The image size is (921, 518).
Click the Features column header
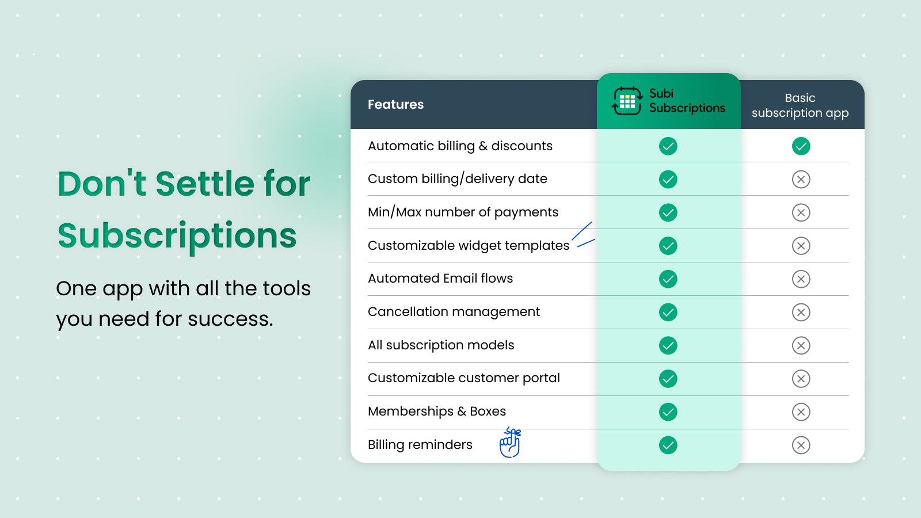(x=395, y=105)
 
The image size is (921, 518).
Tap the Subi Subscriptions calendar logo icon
(x=627, y=101)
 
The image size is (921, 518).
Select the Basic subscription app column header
(x=800, y=105)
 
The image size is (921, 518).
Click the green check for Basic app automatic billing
(x=801, y=146)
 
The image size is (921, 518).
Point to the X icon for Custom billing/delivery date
(x=801, y=180)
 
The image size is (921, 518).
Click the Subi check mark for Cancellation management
(x=668, y=313)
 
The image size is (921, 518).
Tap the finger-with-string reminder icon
(x=510, y=443)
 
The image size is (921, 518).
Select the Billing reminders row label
(x=420, y=445)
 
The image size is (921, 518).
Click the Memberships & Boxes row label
(x=436, y=412)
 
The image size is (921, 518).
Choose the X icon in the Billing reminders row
(x=801, y=445)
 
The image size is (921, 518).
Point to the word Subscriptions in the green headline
(x=177, y=236)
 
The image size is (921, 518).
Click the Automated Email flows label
(x=440, y=279)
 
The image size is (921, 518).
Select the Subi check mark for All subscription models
(x=668, y=346)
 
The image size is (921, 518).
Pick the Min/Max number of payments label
(x=463, y=212)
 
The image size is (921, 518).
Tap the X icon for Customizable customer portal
(x=801, y=379)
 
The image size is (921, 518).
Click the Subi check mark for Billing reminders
(x=668, y=445)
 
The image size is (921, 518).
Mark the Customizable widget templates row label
(x=468, y=246)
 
